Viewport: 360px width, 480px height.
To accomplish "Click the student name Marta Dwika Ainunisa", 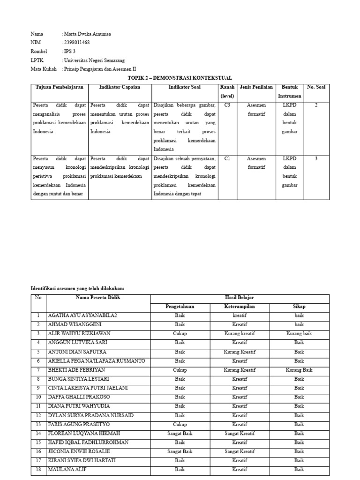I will [88, 34].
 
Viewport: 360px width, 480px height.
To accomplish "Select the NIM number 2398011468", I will [76, 43].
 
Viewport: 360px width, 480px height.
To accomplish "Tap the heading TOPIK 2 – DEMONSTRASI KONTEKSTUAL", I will [180, 78].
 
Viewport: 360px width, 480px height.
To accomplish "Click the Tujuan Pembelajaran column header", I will [60, 87].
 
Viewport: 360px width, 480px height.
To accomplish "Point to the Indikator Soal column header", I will [185, 87].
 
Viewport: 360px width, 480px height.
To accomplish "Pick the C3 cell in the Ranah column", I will [227, 105].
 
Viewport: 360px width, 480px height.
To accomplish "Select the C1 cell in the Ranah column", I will [227, 158].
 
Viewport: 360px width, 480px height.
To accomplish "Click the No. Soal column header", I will [316, 87].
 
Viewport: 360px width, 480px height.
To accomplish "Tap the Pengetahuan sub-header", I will [180, 307].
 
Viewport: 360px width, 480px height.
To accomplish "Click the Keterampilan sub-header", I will [240, 307].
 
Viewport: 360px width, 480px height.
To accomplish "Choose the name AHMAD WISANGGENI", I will [75, 324].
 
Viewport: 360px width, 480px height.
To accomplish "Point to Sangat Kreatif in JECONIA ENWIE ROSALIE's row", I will [240, 452].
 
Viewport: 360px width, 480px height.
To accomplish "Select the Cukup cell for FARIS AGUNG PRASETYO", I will [180, 425].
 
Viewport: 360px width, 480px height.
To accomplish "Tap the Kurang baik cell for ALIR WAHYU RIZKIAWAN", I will [300, 334].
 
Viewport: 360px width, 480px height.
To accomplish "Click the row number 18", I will [38, 469].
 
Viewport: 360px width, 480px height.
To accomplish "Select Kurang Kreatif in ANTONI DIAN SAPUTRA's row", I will [240, 352].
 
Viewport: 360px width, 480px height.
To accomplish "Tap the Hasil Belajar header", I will [240, 298].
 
